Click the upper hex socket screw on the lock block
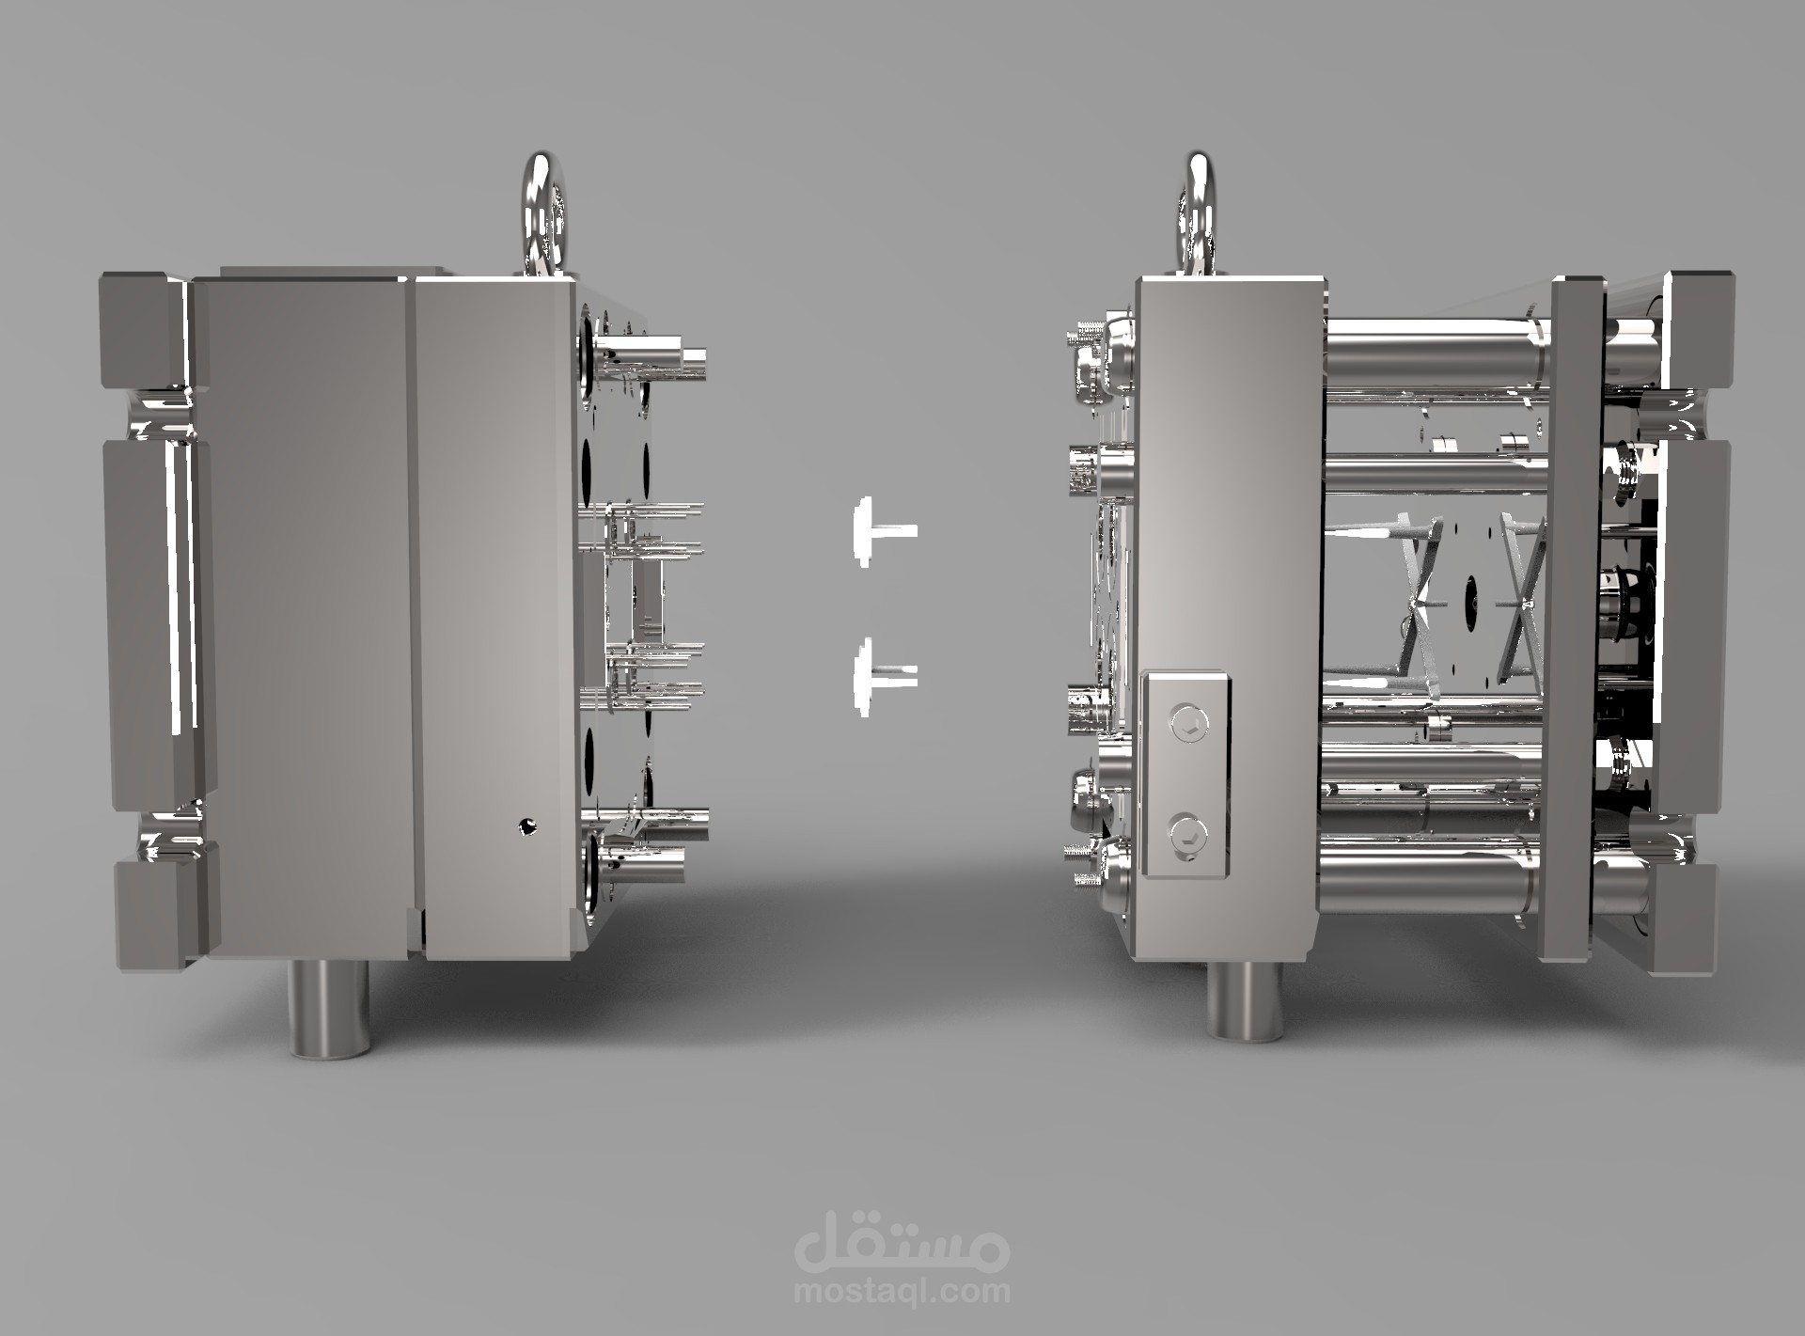tap(1186, 722)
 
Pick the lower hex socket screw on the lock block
tap(1186, 831)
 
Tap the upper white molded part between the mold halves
tap(878, 532)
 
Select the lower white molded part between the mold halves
tap(878, 673)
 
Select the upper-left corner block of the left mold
tap(141, 329)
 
